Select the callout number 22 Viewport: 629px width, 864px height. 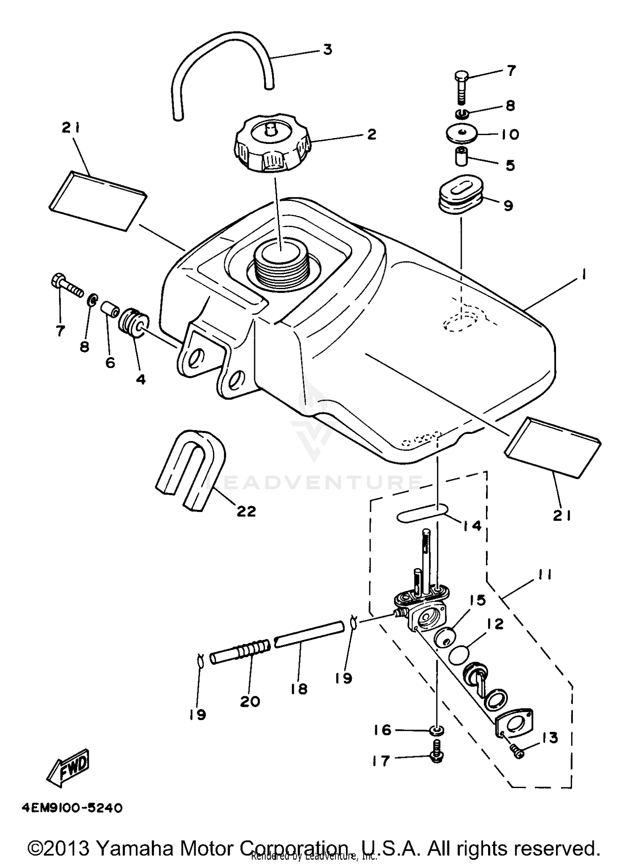click(x=246, y=511)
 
